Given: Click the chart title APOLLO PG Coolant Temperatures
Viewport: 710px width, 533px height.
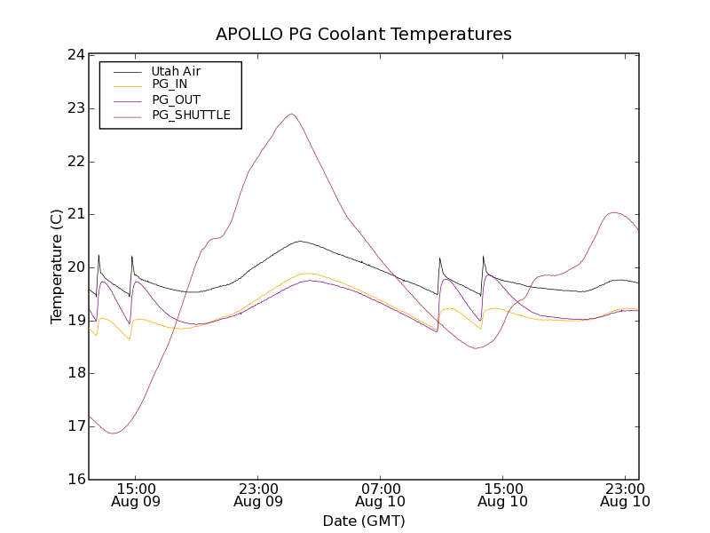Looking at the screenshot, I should click(x=364, y=35).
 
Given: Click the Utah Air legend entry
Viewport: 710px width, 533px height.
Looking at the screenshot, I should click(x=175, y=71).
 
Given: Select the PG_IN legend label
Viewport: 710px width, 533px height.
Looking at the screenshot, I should click(x=170, y=84).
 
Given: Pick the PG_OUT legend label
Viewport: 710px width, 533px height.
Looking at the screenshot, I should click(x=176, y=99).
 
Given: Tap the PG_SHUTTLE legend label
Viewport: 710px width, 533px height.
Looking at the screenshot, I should click(x=191, y=115).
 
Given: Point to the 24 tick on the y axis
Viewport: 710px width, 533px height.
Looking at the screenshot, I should click(x=75, y=55).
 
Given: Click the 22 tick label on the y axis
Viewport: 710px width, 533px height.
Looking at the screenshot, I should click(x=75, y=162).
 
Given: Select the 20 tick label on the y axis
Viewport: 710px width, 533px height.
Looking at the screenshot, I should click(x=75, y=267).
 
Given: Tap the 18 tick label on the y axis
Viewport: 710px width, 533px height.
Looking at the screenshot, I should click(x=75, y=373).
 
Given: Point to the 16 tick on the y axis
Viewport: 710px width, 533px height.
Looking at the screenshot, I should click(x=75, y=480).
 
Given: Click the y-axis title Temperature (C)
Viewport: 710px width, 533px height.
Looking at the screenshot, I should click(x=56, y=267).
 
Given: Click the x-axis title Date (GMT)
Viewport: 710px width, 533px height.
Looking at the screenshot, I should click(x=364, y=521).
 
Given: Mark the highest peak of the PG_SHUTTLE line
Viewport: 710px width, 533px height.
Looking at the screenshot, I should click(x=291, y=114).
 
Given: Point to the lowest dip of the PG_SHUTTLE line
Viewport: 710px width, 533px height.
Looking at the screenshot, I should click(x=113, y=433).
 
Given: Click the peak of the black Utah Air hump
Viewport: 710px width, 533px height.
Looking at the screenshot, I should click(x=300, y=241).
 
